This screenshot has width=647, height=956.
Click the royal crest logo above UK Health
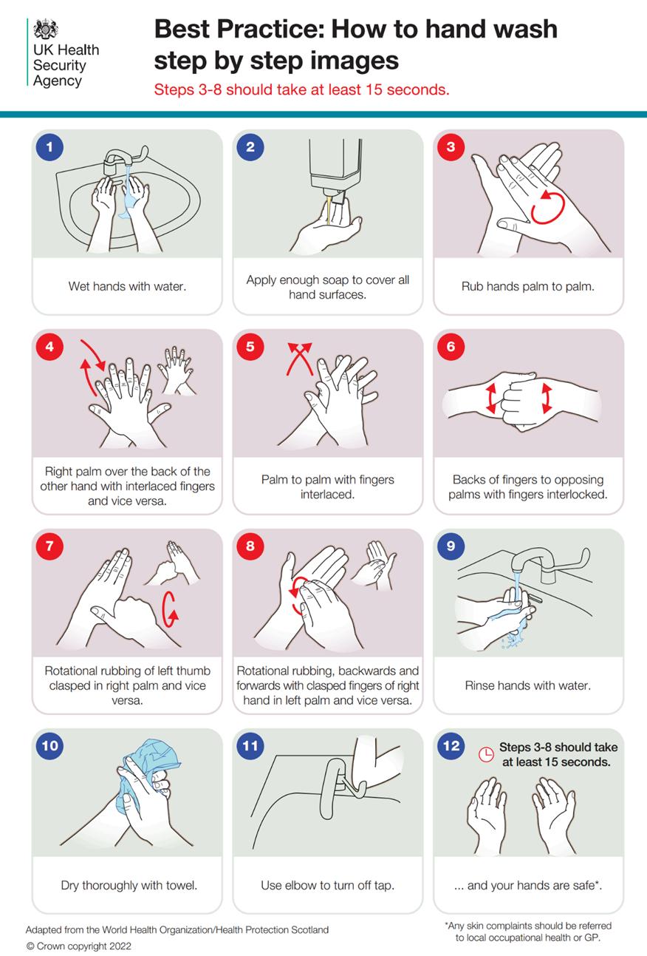click(46, 29)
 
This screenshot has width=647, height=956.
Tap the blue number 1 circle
click(50, 147)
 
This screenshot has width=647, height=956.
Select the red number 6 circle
click(451, 347)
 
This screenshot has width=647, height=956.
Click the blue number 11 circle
click(250, 745)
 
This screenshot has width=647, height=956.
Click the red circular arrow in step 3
click(548, 208)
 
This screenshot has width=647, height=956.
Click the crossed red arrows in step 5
click(299, 358)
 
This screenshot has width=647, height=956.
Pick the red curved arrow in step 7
click(171, 608)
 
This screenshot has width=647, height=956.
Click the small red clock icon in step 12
click(486, 755)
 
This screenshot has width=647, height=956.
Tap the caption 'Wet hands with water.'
click(127, 286)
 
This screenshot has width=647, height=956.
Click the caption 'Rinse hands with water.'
click(528, 685)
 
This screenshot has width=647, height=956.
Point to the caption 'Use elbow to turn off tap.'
click(327, 885)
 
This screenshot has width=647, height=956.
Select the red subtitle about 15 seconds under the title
click(302, 89)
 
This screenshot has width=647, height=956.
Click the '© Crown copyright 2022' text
click(79, 946)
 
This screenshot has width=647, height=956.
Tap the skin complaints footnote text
click(528, 932)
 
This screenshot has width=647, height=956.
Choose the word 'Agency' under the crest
click(57, 81)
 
